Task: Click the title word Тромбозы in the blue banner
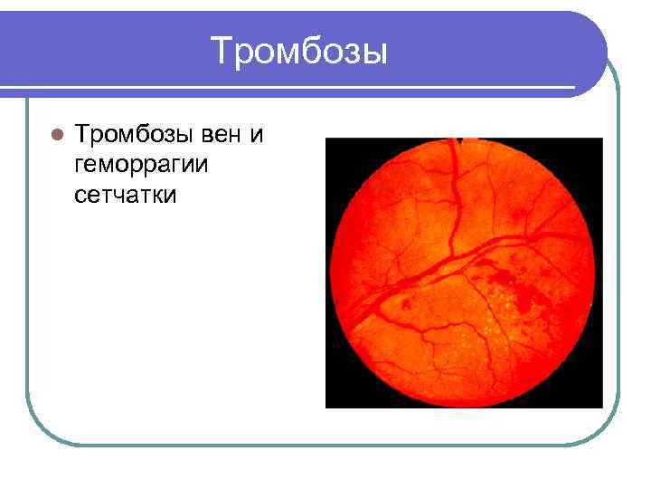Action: (299, 51)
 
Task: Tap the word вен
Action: (223, 136)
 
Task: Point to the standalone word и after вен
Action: (257, 136)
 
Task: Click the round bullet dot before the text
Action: (56, 136)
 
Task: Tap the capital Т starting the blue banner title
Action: (222, 51)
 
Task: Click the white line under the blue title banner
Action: (271, 89)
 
